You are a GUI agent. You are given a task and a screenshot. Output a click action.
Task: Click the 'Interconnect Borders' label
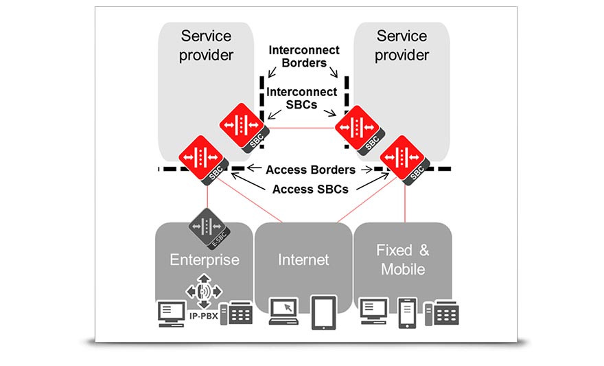pos(303,57)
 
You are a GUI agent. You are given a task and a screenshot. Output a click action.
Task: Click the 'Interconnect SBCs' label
pos(303,98)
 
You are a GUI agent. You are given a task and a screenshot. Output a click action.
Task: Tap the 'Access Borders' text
pos(310,170)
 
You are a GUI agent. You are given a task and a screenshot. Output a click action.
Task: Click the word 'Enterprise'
pos(205,260)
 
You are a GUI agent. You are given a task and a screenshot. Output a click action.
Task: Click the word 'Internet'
pos(303,260)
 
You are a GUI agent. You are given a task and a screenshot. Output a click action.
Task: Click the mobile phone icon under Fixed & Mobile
pos(408,311)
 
